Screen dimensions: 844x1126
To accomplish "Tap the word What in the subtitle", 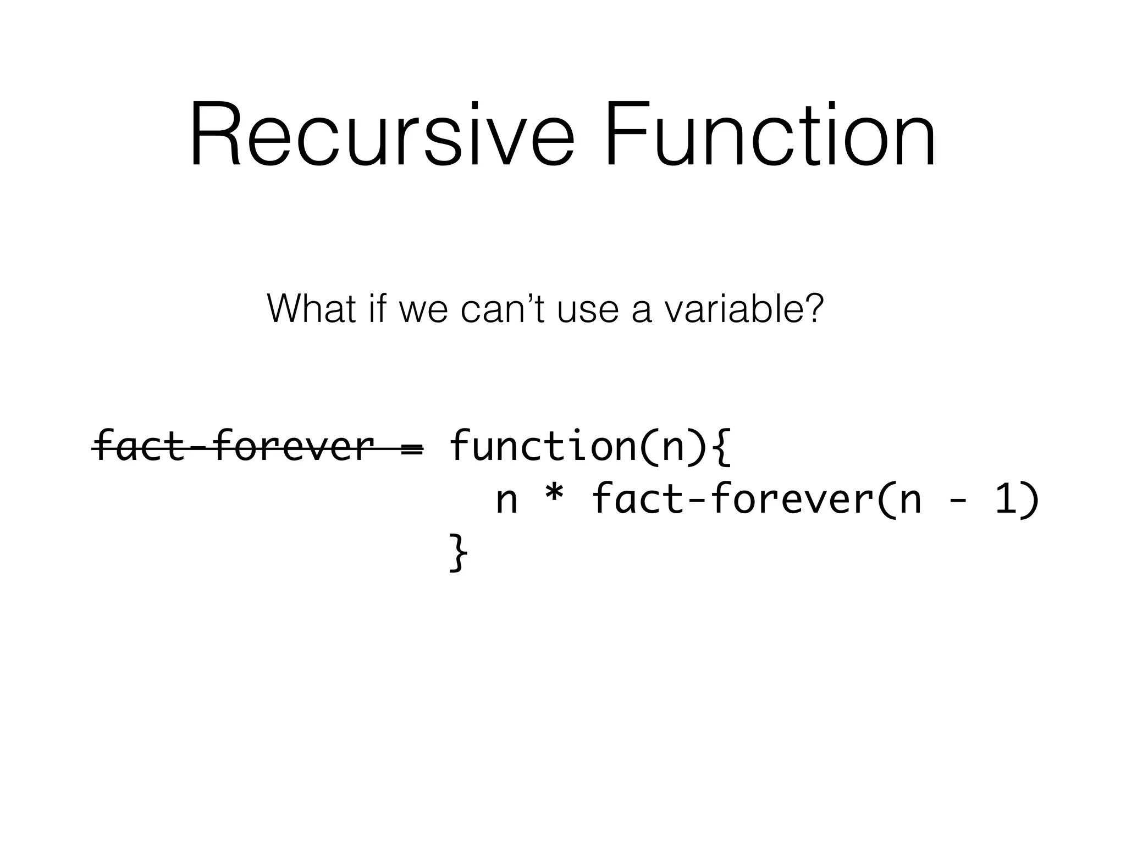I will coord(311,309).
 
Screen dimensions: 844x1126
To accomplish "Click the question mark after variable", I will coord(813,309).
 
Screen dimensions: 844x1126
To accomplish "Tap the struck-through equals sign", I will coord(412,448).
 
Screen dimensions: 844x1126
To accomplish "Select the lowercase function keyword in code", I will coord(542,446).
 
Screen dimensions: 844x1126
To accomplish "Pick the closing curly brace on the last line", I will coord(458,553).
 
